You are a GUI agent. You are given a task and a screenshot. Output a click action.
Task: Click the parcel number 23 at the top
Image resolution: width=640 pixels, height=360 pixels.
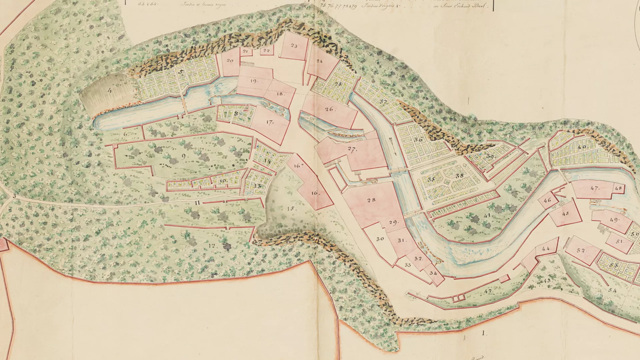click(x=294, y=46)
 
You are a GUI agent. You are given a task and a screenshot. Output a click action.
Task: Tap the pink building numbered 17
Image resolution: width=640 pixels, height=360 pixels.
click(x=270, y=122)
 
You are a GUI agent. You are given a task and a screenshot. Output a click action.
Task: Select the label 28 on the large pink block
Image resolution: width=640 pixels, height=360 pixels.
click(x=371, y=200)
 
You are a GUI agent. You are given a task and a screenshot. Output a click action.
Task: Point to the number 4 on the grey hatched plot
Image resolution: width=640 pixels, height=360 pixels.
click(x=110, y=90)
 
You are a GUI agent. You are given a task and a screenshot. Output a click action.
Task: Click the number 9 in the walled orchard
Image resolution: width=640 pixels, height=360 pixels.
click(x=184, y=156)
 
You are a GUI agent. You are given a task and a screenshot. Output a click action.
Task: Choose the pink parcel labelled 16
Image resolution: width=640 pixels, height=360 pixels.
click(x=315, y=193)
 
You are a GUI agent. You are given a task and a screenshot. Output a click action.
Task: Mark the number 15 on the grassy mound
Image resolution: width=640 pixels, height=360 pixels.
click(x=291, y=209)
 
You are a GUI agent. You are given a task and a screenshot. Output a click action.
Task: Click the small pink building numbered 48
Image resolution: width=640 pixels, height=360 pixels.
click(x=618, y=188)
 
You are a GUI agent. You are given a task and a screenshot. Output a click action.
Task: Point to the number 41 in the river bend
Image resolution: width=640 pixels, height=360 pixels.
click(x=488, y=216)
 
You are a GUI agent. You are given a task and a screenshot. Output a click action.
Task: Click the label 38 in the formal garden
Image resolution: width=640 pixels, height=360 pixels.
click(x=460, y=176)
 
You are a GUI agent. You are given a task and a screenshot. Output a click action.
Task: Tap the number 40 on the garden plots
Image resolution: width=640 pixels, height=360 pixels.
click(x=582, y=147)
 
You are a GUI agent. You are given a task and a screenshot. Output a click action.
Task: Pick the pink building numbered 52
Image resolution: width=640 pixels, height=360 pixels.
click(x=581, y=250)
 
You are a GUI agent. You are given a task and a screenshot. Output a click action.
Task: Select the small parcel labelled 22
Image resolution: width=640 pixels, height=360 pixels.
click(x=266, y=51)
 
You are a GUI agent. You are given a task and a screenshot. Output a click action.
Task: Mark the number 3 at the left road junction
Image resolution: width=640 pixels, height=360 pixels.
click(x=14, y=196)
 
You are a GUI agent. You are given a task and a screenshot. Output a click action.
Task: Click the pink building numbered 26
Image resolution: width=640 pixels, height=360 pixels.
click(x=329, y=109)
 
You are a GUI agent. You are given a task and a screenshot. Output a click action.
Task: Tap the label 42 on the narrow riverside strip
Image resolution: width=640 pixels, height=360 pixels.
click(x=488, y=291)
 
